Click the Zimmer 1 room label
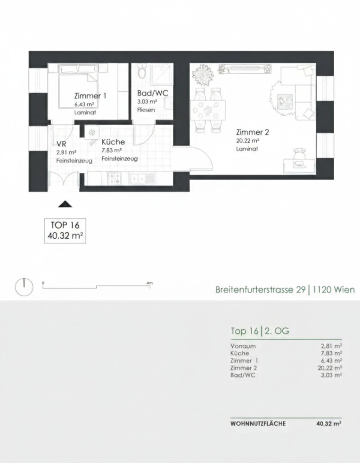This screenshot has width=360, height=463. (x=90, y=96)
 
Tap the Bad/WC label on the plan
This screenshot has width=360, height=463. (x=153, y=93)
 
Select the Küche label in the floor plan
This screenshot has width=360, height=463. (x=113, y=142)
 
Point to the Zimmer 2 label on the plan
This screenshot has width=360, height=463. (x=252, y=132)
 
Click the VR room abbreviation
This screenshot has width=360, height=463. (x=61, y=144)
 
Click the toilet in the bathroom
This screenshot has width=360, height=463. (x=142, y=72)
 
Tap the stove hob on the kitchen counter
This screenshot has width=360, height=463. (x=114, y=178)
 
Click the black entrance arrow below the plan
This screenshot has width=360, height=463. (x=65, y=204)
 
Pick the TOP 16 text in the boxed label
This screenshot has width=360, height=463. (x=65, y=225)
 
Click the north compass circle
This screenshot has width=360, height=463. (x=24, y=287)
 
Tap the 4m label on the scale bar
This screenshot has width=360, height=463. (x=150, y=283)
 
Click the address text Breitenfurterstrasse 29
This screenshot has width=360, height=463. (x=260, y=289)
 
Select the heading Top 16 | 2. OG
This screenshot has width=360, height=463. (x=260, y=331)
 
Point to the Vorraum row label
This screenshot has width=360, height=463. (x=243, y=346)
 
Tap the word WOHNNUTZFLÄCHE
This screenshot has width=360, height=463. (x=258, y=424)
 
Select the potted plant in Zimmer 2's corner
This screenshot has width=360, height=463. (x=203, y=74)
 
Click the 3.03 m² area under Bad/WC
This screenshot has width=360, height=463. (x=147, y=102)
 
